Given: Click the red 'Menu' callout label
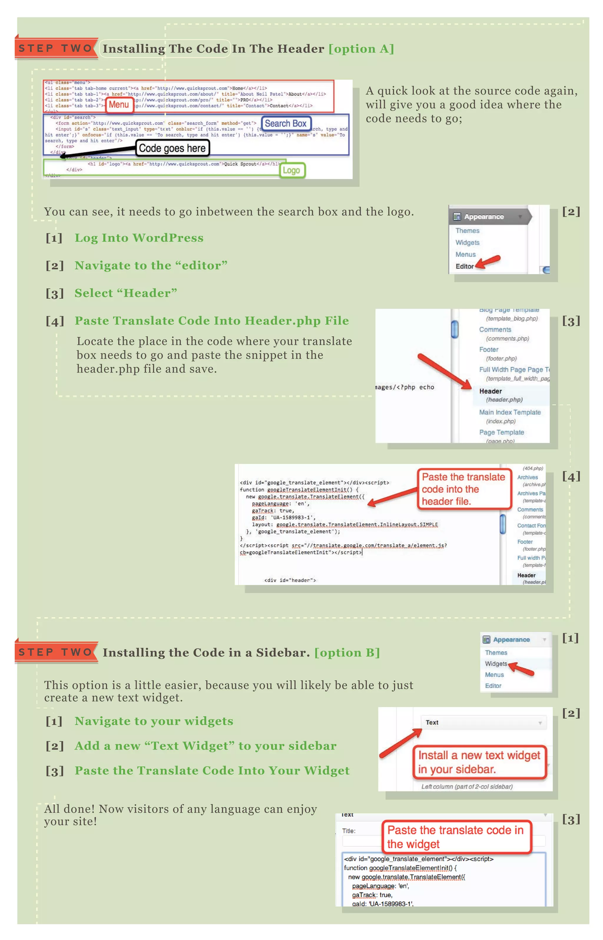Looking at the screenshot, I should pos(119,105).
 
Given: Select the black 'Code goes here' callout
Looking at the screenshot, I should pos(172,148).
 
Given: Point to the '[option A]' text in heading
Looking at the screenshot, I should pos(361,49).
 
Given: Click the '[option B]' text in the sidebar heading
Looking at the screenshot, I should pos(347,652).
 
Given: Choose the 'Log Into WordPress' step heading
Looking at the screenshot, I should pos(139,238).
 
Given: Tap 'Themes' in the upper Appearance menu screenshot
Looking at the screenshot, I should pos(467,231).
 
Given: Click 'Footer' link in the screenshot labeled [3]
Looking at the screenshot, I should pos(489,350).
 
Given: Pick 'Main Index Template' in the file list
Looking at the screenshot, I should pos(509,412).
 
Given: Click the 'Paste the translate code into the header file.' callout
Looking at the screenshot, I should pos(464,489).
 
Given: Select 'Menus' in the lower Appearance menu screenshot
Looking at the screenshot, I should pos(494,675).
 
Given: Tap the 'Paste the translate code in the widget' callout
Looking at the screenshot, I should pos(456,837).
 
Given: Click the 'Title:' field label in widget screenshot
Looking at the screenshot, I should pos(349,831).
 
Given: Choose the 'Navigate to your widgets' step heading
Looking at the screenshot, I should pos(154,721).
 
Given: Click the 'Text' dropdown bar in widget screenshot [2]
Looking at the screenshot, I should pos(483,722).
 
